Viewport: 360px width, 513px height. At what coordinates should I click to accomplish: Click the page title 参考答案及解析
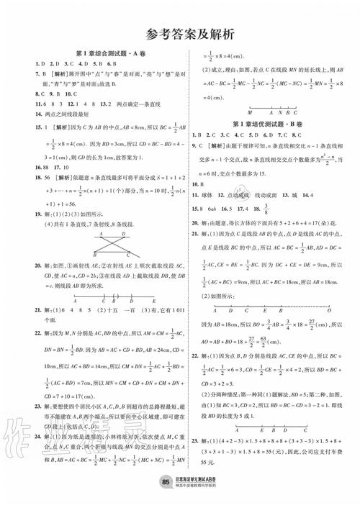pyautogui.click(x=180, y=32)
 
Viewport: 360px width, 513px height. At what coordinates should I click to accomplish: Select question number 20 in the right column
pyautogui.click(x=196, y=237)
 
